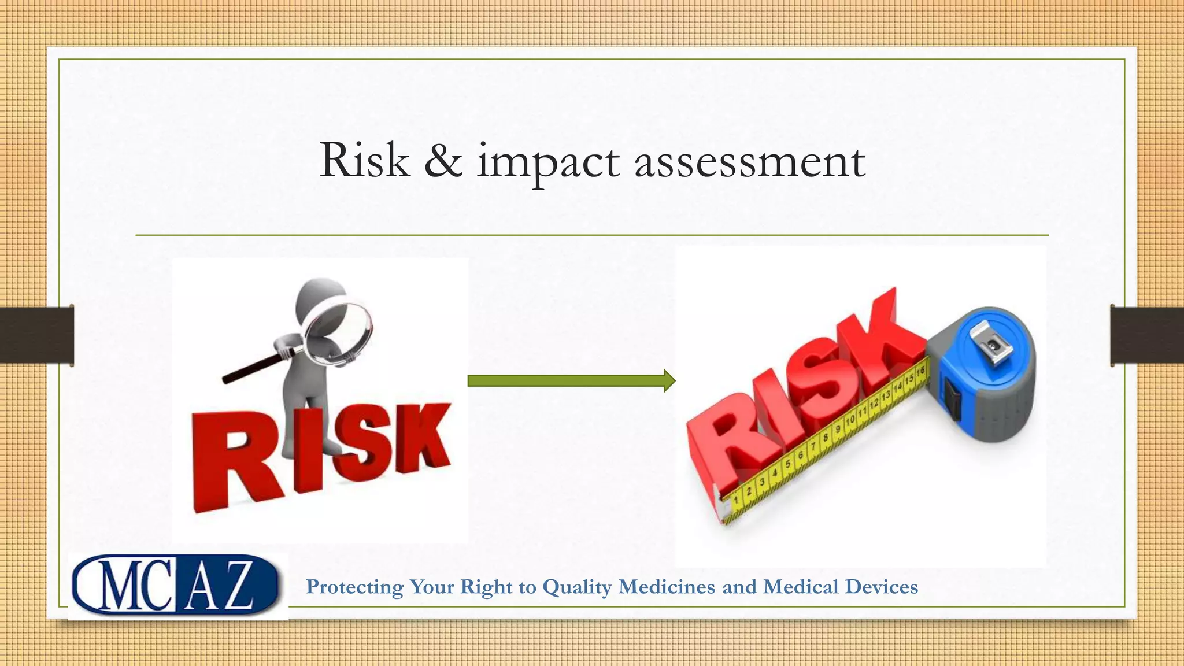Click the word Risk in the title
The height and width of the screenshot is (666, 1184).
click(x=364, y=161)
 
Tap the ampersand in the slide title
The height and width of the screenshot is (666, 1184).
click(x=443, y=161)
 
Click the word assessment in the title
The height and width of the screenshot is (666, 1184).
click(x=750, y=162)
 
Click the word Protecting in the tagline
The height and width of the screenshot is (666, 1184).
click(x=354, y=587)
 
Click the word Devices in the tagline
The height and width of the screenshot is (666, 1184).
click(x=881, y=587)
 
